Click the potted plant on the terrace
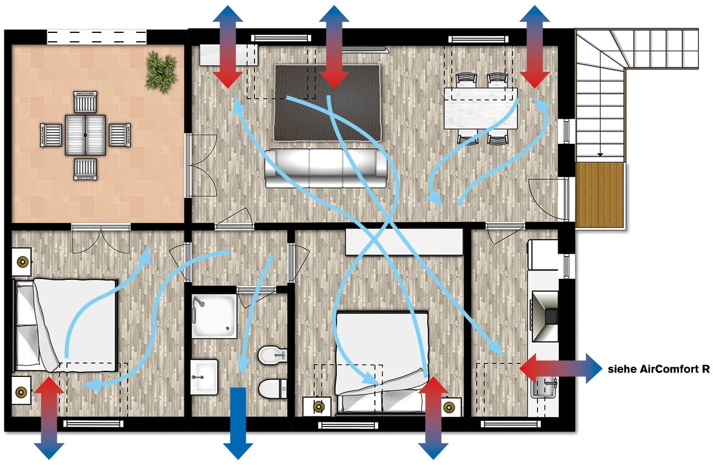tap(161, 72)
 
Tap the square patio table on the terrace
tap(85, 135)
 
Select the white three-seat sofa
tap(326, 168)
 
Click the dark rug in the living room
tap(328, 103)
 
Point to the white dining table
tap(481, 108)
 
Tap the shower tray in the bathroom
tap(214, 316)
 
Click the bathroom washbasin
tap(204, 377)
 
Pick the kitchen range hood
tap(545, 316)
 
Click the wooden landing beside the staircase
tap(600, 195)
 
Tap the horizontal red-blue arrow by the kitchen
tap(561, 368)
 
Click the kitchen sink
tap(544, 387)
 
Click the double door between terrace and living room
tap(202, 165)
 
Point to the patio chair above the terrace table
tap(85, 102)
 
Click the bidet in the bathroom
tap(272, 355)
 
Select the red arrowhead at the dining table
tap(535, 80)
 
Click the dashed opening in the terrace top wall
tap(97, 37)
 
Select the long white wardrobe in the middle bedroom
tap(404, 242)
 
